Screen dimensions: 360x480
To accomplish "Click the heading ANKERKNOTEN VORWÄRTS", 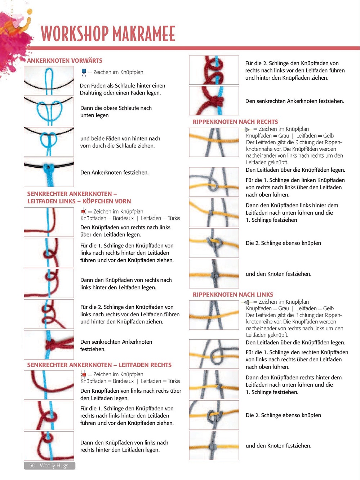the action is (65, 61).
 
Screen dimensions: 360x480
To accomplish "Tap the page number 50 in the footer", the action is (32, 465).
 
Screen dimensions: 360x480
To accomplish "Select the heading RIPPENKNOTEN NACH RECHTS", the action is (235, 122).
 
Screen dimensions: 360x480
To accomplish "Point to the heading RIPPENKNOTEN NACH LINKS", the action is (233, 295).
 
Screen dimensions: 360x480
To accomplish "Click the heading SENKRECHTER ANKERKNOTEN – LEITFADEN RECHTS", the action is (99, 365).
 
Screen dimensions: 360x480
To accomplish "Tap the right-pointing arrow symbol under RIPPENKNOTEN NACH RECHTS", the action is (247, 129).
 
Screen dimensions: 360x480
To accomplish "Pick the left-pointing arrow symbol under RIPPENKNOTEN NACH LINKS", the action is (246, 302).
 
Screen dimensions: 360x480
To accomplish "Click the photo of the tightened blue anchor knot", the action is (49, 172).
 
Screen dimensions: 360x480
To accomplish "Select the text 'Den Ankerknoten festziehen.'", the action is (114, 172).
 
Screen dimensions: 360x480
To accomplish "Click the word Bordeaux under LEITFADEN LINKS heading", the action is (123, 218).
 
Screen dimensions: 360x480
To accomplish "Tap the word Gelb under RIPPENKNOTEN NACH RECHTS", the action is (328, 136).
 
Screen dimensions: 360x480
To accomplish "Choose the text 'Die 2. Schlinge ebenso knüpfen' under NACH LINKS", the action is (283, 415).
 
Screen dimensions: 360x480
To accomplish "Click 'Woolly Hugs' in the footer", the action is (54, 465).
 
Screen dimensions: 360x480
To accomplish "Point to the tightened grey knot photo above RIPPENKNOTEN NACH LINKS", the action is (214, 274).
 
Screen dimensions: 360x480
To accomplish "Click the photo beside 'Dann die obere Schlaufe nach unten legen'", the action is (49, 111).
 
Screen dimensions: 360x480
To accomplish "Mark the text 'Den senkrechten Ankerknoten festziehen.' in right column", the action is (295, 101).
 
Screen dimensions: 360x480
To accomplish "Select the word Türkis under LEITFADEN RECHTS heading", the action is (174, 381).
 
